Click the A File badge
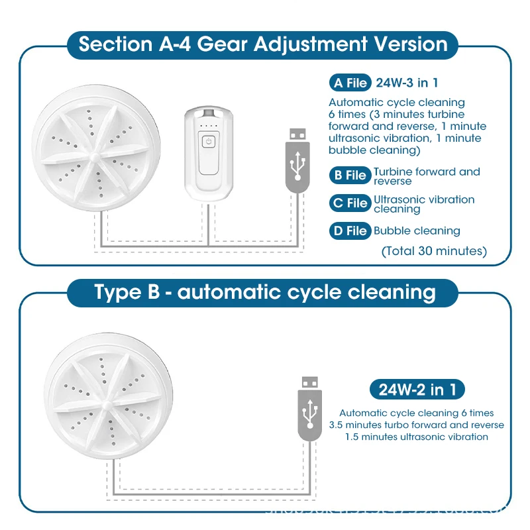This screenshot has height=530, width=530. (x=348, y=83)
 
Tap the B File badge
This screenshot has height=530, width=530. (x=349, y=176)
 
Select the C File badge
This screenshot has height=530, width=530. (x=349, y=203)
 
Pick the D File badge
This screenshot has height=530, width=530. (x=349, y=231)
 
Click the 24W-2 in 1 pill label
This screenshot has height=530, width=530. (x=417, y=389)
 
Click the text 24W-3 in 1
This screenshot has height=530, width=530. (x=407, y=83)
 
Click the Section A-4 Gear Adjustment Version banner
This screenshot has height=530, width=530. (x=262, y=45)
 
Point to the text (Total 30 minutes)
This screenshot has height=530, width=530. (x=434, y=251)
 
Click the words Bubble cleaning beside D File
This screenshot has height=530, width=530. (x=417, y=231)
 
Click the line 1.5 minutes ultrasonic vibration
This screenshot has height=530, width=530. (x=416, y=437)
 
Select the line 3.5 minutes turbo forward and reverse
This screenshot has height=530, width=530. (x=416, y=425)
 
